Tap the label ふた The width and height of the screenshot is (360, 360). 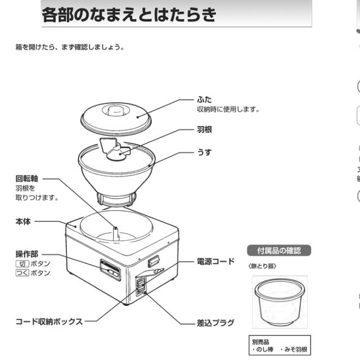204,100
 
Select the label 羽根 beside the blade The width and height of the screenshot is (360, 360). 205,129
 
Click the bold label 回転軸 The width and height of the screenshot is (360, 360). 27,178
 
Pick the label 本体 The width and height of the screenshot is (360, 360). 23,222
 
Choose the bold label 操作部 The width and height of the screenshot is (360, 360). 27,254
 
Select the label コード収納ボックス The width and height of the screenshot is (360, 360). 49,322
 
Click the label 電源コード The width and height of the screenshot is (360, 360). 215,262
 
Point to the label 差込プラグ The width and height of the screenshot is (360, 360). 215,323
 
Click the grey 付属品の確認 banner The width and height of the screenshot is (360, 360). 279,250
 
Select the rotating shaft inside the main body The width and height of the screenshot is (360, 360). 115,232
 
